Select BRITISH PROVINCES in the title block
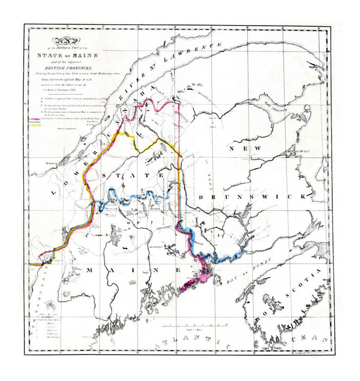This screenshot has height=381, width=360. (x=65, y=67)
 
